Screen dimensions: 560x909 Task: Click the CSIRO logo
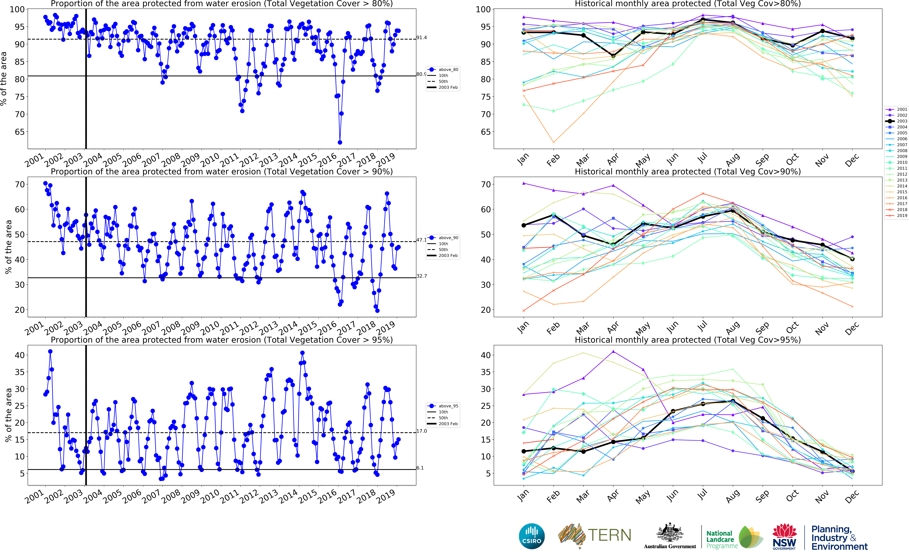pyautogui.click(x=532, y=536)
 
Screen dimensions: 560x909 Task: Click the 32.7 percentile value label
pyautogui.click(x=421, y=276)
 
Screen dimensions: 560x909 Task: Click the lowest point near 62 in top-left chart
pyautogui.click(x=340, y=142)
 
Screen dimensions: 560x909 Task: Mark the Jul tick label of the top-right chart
pyautogui.click(x=702, y=158)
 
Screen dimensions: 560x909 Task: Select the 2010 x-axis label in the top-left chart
pyautogui.click(x=210, y=160)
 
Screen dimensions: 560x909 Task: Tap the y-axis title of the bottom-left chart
pyautogui.click(x=8, y=415)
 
